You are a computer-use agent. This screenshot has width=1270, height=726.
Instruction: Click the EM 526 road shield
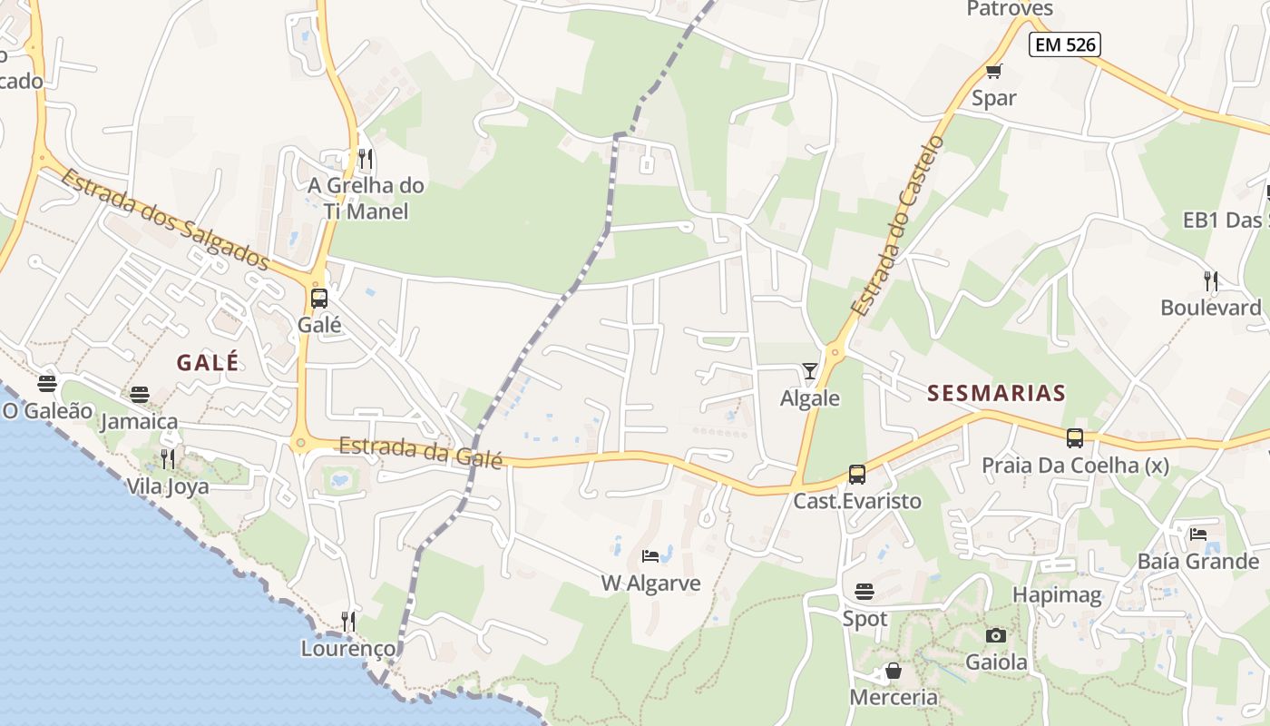click(1064, 44)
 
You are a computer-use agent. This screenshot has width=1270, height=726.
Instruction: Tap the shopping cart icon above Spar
click(994, 72)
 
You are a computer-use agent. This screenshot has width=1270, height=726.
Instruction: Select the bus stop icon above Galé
click(319, 299)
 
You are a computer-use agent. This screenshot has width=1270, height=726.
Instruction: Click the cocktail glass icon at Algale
click(810, 371)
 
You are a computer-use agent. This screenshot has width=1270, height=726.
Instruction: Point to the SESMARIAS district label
click(996, 393)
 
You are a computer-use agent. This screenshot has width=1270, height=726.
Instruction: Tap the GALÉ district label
click(208, 362)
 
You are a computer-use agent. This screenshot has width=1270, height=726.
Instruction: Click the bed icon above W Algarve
click(650, 556)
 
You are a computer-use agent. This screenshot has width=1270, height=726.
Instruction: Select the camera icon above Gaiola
click(996, 635)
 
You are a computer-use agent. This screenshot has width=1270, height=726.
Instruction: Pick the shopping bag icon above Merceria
click(894, 671)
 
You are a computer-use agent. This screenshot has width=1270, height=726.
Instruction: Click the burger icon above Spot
click(865, 592)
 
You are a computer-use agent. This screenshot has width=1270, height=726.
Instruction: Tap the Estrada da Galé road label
click(421, 452)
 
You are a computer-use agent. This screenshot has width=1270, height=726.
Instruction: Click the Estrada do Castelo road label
click(897, 226)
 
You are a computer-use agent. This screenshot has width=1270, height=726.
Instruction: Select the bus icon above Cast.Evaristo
click(856, 474)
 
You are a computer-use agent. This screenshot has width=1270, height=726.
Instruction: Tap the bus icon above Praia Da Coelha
click(1075, 438)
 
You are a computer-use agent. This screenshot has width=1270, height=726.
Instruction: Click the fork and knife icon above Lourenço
click(348, 622)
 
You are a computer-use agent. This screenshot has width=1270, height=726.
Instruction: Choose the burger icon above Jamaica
click(139, 395)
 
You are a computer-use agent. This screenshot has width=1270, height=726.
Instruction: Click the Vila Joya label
click(167, 486)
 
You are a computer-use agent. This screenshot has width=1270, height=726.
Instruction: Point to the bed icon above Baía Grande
click(1198, 535)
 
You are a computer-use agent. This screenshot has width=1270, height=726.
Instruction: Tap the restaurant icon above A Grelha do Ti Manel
click(366, 160)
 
